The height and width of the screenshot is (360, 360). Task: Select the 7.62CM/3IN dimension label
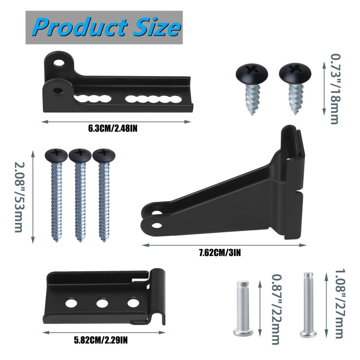point(220,253)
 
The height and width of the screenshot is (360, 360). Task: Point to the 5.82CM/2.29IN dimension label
point(101,340)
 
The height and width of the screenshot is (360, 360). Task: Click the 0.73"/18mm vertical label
point(335,89)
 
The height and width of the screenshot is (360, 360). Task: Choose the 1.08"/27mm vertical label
point(340,304)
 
